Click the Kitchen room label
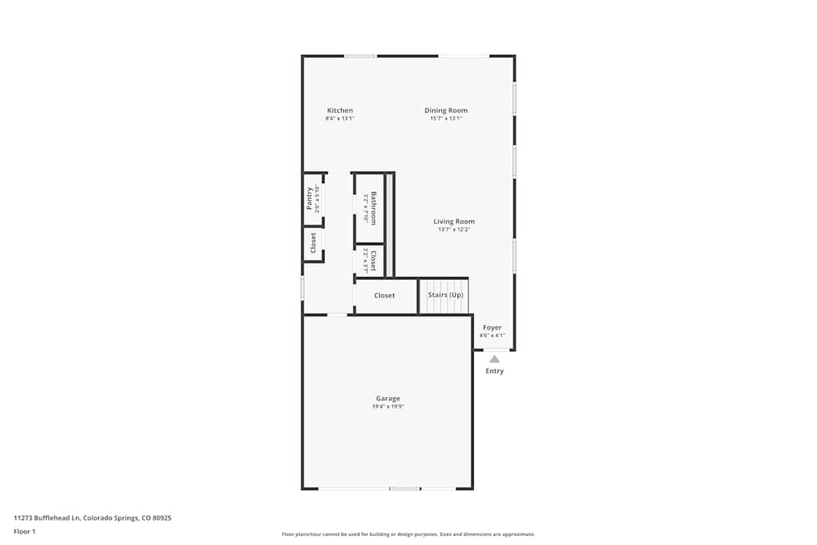point(340,110)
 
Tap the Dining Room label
point(446,110)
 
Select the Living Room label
point(453,221)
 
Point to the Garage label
point(388,398)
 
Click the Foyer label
point(492,328)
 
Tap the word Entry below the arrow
point(494,371)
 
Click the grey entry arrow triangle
point(494,359)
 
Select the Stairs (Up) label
point(445,295)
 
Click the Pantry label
point(310,199)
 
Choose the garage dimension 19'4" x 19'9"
point(388,406)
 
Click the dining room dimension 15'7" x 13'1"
point(446,118)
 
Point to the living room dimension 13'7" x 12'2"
point(453,230)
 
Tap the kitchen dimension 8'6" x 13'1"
point(340,118)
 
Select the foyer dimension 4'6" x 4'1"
point(492,335)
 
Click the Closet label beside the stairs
point(385,296)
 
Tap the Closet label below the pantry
point(313,243)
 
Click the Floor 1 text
point(25,531)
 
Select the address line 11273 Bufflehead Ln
point(92,517)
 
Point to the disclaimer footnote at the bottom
point(408,534)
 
